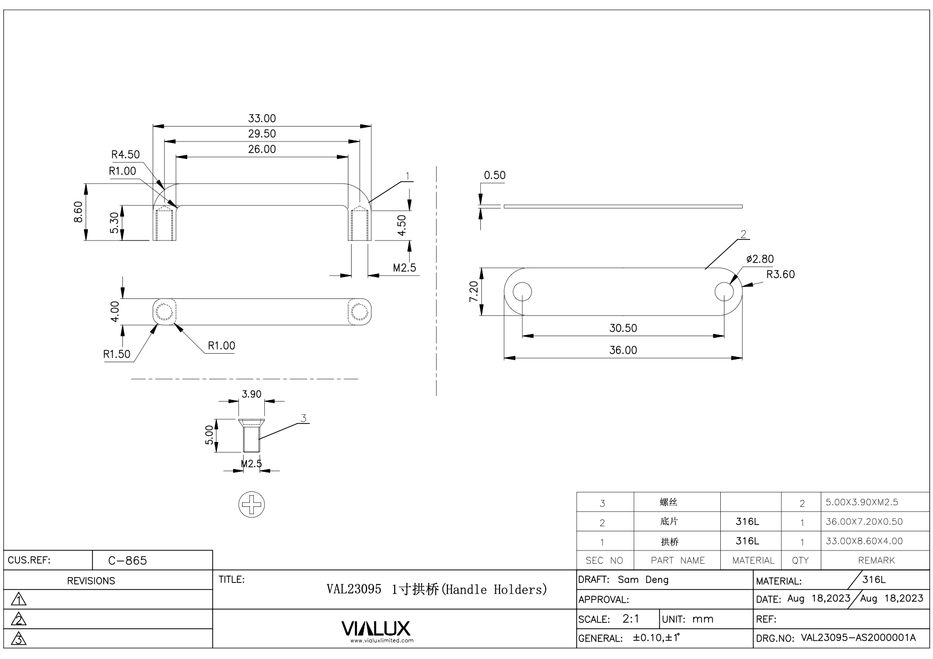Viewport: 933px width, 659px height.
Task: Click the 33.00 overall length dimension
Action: coord(262,118)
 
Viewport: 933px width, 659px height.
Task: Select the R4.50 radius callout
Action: coord(125,154)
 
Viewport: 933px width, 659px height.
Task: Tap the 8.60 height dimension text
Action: coord(78,212)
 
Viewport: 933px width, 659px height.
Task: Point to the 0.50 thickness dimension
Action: coord(494,175)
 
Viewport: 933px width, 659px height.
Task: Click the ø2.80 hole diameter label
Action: coord(760,259)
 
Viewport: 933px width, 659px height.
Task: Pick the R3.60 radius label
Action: coord(780,274)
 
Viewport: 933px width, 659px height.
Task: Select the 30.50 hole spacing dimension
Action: coord(623,328)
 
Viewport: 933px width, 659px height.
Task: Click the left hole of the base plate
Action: coord(523,291)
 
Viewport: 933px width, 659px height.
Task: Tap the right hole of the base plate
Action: coord(724,291)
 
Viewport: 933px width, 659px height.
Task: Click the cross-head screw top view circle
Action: coord(252,504)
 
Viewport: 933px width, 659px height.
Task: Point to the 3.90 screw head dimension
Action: coord(252,394)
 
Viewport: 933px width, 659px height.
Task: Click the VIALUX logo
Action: coord(376,629)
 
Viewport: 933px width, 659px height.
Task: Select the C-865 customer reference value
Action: coord(128,561)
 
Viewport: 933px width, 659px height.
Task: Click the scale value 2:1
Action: coord(631,619)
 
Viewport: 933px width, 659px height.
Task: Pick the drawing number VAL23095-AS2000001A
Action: coord(858,638)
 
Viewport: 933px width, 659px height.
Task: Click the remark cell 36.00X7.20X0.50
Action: coord(864,522)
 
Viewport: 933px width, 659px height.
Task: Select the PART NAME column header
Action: coord(677,561)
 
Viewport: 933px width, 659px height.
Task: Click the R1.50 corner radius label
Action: coord(116,354)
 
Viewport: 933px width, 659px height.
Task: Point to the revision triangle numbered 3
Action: coord(19,638)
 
